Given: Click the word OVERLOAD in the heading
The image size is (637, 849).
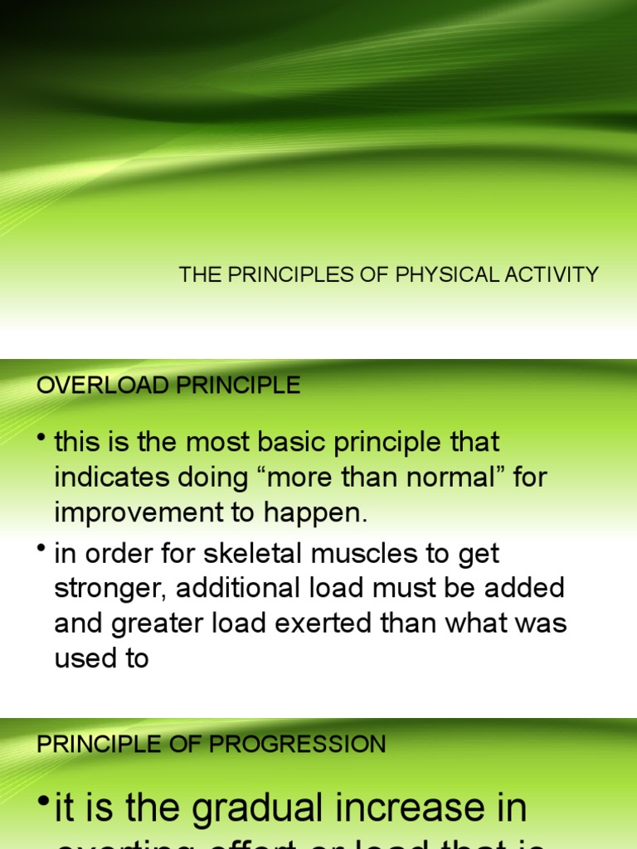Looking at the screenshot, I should tap(90, 386).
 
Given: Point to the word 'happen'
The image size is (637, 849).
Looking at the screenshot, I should tap(317, 513).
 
